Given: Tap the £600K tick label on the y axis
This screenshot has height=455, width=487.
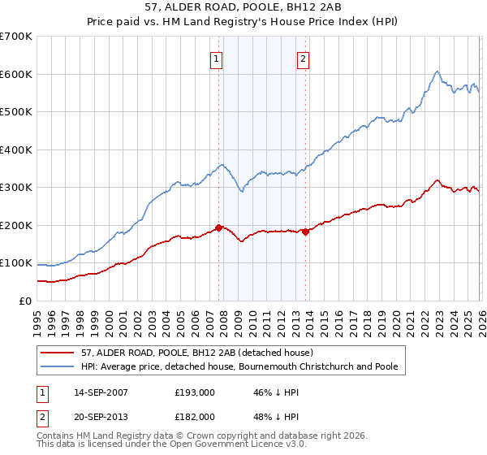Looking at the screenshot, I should tap(15, 74).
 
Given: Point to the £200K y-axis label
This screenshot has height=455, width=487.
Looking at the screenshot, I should tap(15, 225).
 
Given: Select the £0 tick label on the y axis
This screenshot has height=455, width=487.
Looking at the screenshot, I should tap(24, 301).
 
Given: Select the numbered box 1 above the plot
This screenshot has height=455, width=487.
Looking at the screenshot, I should tap(218, 58).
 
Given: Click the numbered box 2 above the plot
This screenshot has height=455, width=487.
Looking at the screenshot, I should tap(303, 58).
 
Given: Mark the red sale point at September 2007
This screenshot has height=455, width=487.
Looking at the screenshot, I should tap(218, 227).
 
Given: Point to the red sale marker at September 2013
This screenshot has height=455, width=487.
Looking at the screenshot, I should tap(304, 232).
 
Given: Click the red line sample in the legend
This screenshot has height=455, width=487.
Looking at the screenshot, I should tap(58, 353).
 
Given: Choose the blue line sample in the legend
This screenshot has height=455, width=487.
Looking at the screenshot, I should tap(58, 366).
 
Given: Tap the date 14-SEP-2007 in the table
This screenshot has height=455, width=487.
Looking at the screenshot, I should tap(104, 392).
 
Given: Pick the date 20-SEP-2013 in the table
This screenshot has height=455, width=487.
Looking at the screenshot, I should tap(104, 416).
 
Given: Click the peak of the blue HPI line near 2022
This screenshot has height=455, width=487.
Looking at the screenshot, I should tap(437, 71).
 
